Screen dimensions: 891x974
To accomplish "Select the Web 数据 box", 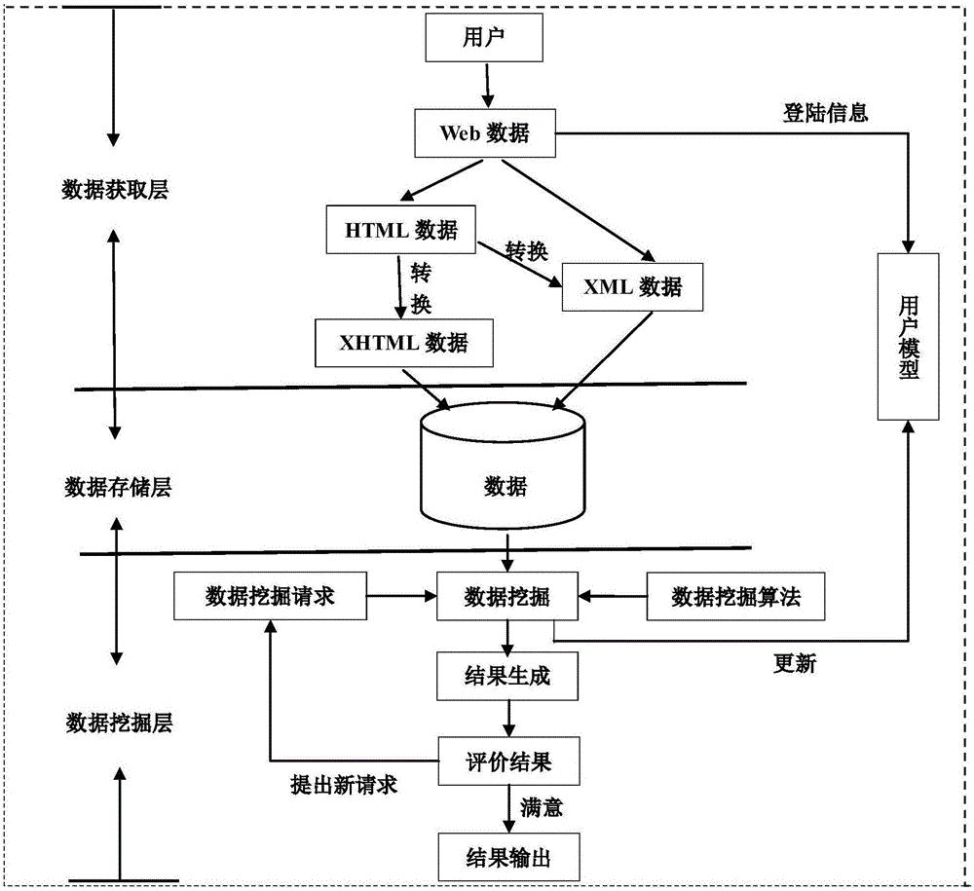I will tap(484, 133).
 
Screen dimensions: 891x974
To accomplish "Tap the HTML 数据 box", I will tap(400, 231).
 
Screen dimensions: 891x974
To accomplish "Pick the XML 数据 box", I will tap(633, 287).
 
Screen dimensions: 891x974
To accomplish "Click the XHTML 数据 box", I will tap(402, 343).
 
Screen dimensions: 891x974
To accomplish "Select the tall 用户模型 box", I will tap(908, 336).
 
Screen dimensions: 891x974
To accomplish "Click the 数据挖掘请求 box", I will tap(270, 596).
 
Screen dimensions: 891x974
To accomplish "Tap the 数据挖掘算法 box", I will tap(735, 596).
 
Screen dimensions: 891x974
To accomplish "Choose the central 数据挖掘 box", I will tap(506, 596).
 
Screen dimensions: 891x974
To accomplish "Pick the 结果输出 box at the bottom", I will tap(506, 857).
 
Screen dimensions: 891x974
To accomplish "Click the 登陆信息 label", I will tap(825, 113).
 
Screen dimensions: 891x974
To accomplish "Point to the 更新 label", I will tap(795, 665).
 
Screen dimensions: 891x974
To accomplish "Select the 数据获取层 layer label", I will tap(115, 190).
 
